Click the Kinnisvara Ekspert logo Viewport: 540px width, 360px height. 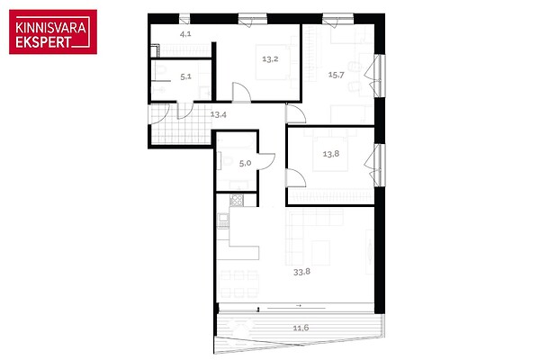[53, 31]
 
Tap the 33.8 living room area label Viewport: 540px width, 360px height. [301, 272]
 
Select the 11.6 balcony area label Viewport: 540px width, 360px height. [301, 328]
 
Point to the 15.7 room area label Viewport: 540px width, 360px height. [336, 75]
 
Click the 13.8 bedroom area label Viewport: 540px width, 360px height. [331, 154]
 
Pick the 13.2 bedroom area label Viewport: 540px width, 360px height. [270, 58]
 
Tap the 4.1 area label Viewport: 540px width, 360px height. [185, 34]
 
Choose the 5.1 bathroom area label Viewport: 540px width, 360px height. [185, 76]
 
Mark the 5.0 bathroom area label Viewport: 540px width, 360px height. [245, 163]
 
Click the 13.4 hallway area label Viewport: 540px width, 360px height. [219, 114]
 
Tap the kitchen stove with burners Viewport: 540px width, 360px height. [237, 200]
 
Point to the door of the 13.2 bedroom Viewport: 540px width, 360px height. [241, 92]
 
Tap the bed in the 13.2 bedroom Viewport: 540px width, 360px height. [274, 62]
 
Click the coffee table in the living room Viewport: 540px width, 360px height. [320, 253]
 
